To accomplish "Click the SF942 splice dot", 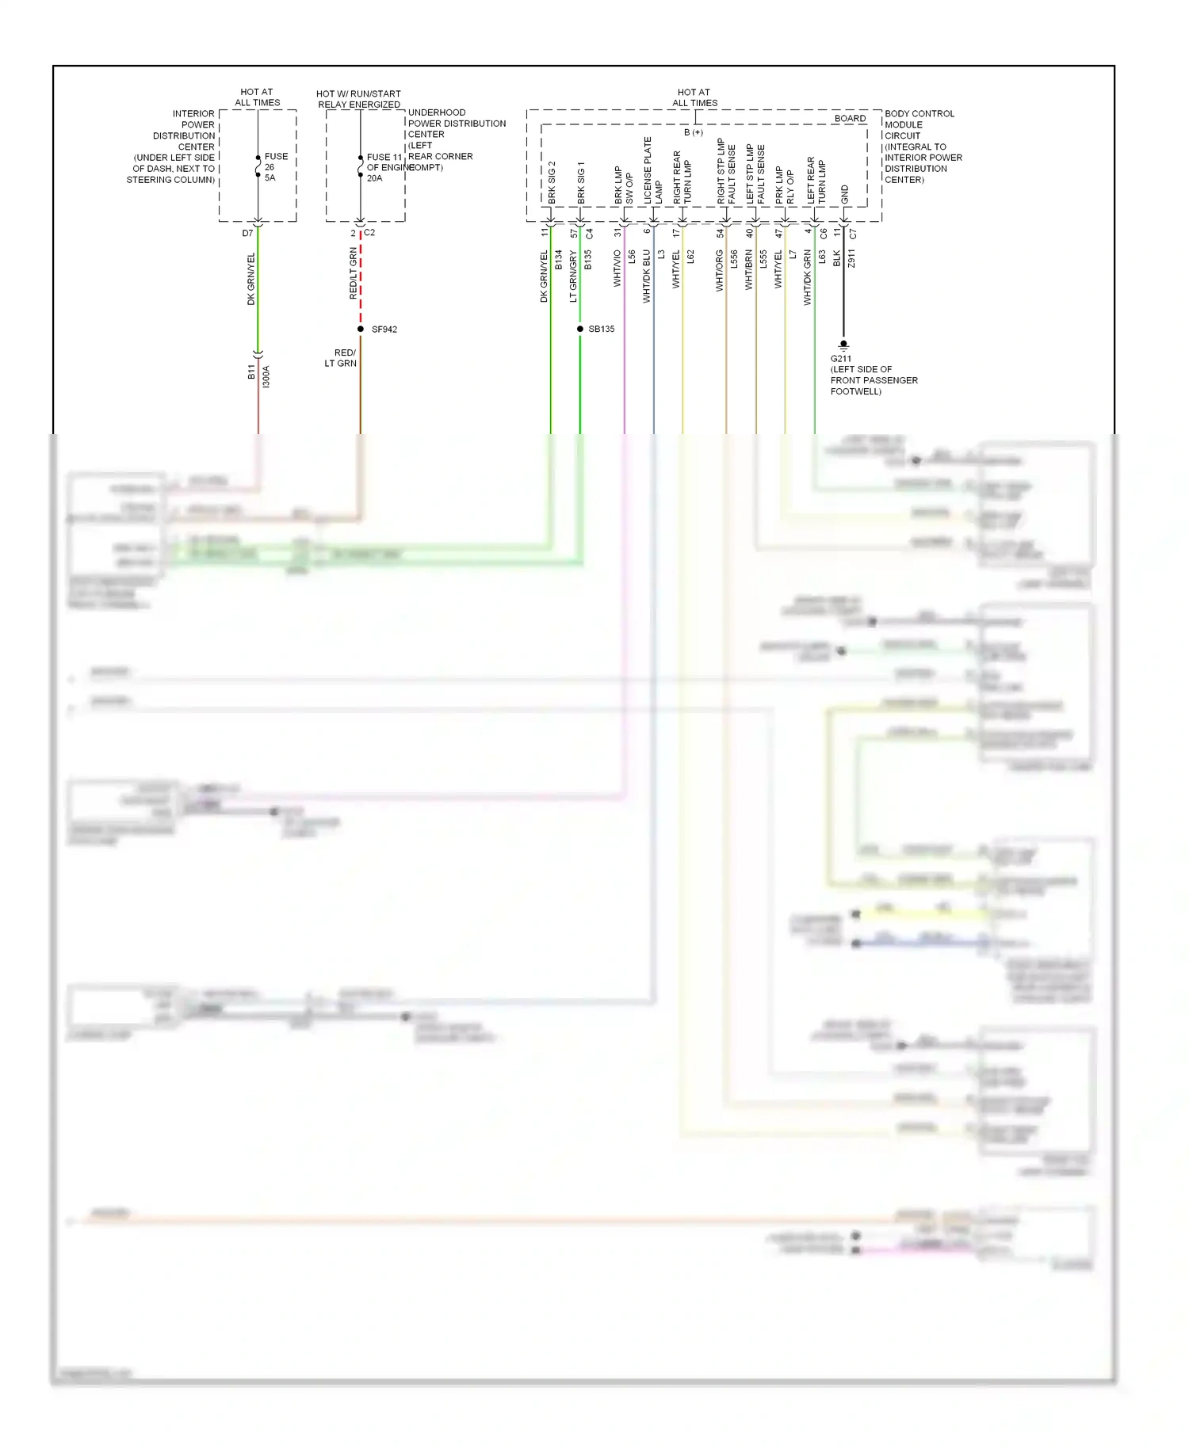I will pos(361,329).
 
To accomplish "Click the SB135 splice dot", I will pos(580,329).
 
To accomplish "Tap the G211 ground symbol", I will pos(843,345).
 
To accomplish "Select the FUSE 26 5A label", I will pos(275,167).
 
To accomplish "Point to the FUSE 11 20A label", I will pos(383,168).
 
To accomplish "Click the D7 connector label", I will pos(247,234).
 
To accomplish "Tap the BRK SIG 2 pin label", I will pos(552,182).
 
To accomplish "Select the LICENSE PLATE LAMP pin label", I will pos(652,170).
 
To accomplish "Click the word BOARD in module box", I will pos(850,119).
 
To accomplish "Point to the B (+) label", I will pos(693,132).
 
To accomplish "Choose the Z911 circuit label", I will pos(851,258).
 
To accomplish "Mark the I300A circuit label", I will pos(266,376).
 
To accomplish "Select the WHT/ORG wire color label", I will pos(719,271).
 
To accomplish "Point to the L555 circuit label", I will pos(763,258).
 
